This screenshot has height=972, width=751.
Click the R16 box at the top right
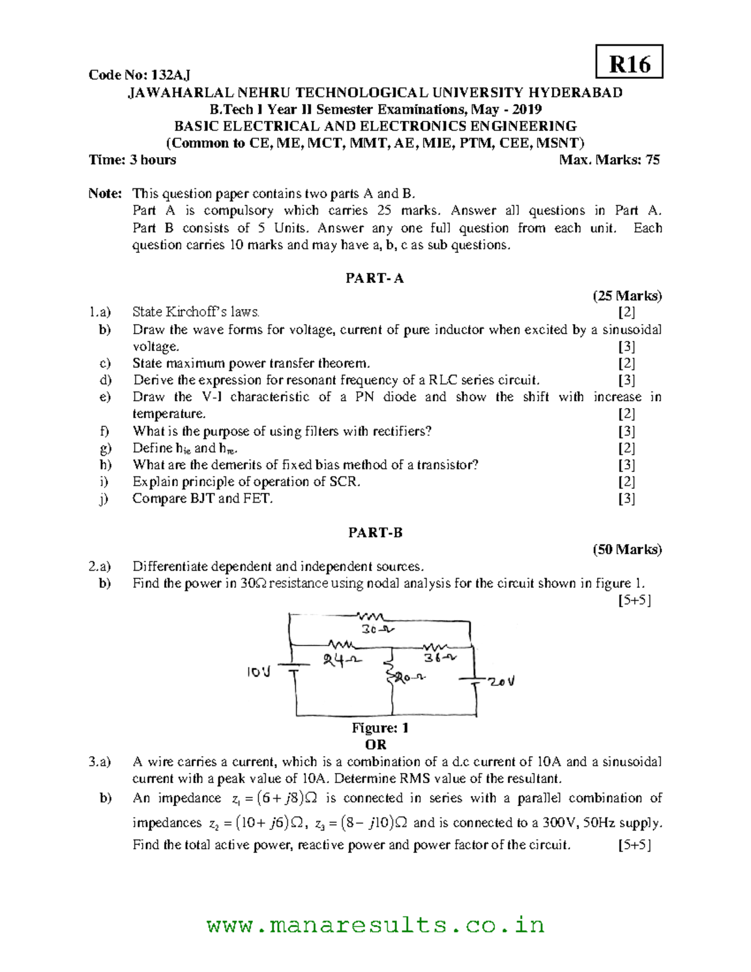coord(629,63)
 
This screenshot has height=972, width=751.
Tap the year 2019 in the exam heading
coord(526,110)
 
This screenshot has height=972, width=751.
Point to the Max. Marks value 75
coord(652,160)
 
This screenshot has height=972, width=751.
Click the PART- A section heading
coord(375,279)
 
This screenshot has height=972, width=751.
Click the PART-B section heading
coord(375,533)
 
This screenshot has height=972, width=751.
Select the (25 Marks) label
coord(627,295)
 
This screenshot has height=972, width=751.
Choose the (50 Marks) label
coord(627,550)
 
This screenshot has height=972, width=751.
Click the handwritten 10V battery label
coord(258,672)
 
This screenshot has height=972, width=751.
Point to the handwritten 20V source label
coord(501,682)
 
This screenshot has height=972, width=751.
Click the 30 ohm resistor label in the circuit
coord(377,630)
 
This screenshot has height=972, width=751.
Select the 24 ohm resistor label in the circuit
coord(342,659)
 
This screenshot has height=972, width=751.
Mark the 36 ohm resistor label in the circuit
coord(439,658)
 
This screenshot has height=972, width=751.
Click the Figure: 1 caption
coord(380,728)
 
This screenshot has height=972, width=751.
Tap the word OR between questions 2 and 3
coord(375,745)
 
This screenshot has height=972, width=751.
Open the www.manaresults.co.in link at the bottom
coord(375,924)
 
